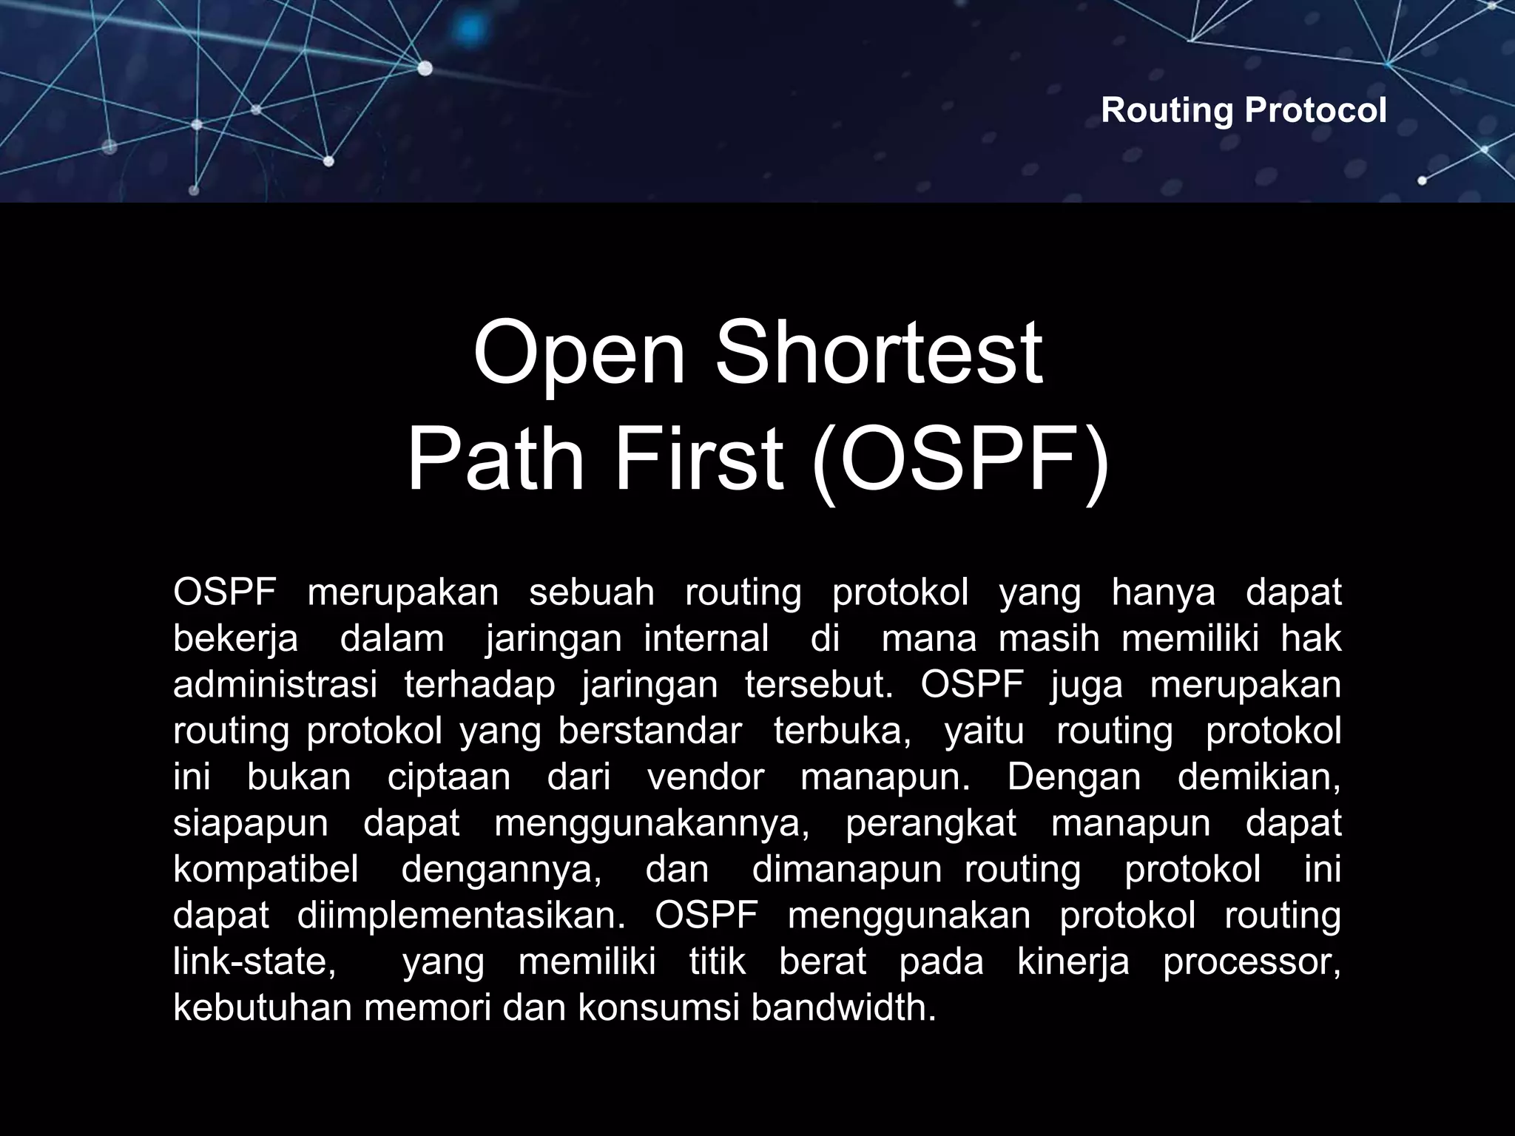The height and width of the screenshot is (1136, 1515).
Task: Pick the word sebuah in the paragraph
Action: coord(592,592)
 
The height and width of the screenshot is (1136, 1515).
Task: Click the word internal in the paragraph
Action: coord(706,638)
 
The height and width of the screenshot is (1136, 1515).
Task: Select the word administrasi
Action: coord(275,684)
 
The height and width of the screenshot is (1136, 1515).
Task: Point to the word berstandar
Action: coord(649,731)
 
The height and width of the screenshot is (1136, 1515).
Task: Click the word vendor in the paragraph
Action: coord(706,777)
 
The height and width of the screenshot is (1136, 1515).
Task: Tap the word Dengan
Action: coord(1073,777)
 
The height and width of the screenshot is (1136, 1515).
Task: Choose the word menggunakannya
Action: coord(652,823)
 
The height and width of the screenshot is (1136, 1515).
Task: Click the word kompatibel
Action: coord(266,869)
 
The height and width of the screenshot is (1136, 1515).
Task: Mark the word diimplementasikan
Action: coord(461,916)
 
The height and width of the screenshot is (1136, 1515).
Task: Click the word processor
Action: coord(1251,961)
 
